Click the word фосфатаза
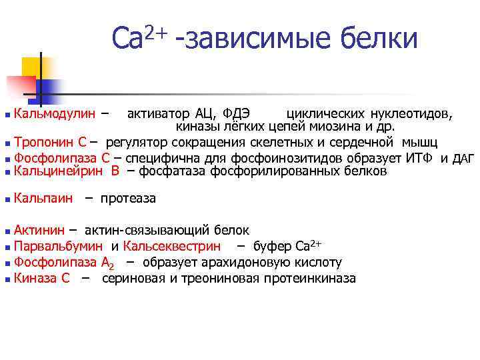pyautogui.click(x=174, y=171)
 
